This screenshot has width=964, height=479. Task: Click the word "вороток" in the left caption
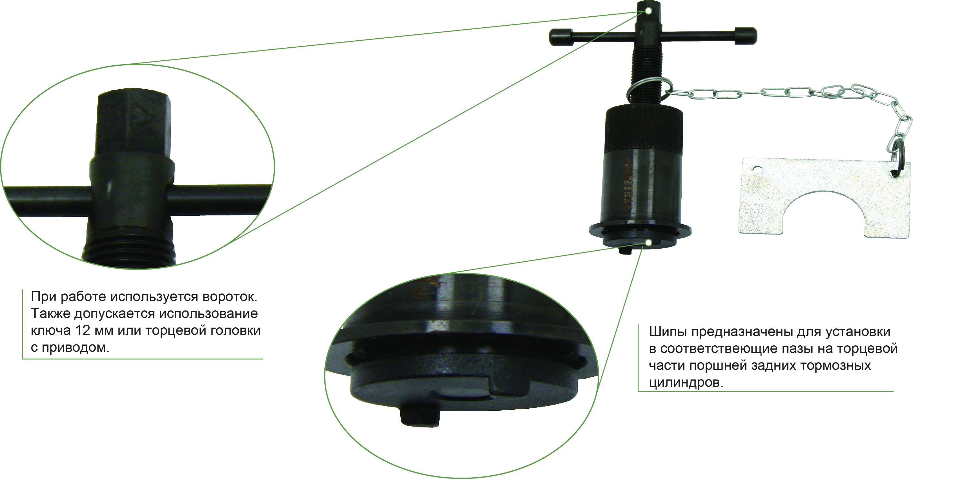click(x=229, y=297)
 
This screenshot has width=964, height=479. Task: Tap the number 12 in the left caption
click(x=82, y=330)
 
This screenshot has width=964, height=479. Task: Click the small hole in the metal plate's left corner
click(x=757, y=170)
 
